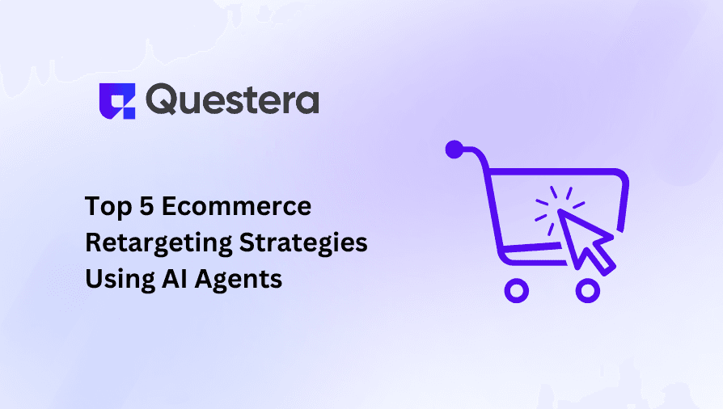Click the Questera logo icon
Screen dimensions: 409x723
[116, 101]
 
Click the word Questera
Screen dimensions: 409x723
[233, 100]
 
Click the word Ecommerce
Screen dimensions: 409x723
[236, 207]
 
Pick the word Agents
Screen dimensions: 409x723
[243, 279]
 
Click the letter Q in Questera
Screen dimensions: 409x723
[163, 101]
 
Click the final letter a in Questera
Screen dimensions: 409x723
[307, 102]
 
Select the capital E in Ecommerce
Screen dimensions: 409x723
[168, 207]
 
